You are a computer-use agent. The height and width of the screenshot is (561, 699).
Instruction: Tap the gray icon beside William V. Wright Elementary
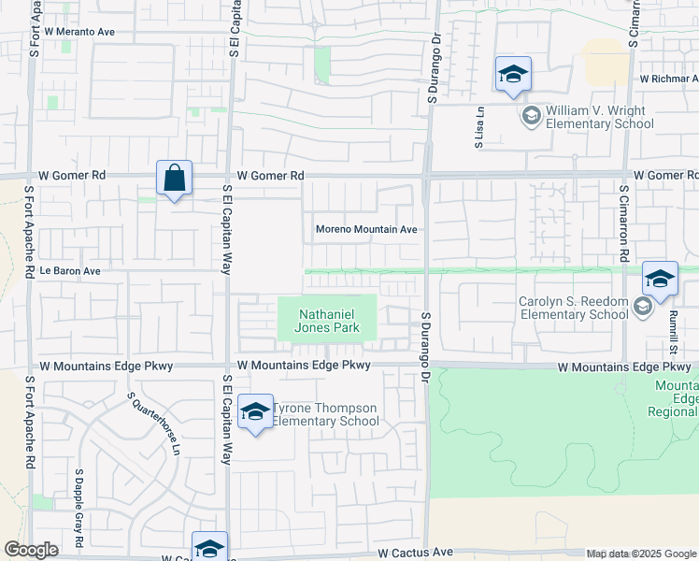531,116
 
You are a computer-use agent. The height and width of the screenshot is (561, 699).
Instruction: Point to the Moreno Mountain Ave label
365,229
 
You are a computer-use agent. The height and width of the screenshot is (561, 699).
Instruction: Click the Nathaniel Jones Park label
327,321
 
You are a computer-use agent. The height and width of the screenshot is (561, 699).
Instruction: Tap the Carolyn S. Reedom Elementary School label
574,308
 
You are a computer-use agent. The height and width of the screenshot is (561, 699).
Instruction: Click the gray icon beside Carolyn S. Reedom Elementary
642,307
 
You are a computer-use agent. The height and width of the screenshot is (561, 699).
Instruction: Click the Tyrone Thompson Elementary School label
325,415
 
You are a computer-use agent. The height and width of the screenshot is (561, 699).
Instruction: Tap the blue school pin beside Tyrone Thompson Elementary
255,412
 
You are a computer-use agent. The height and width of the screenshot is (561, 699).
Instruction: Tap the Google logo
31,550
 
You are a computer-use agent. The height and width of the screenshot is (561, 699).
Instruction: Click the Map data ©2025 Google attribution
640,554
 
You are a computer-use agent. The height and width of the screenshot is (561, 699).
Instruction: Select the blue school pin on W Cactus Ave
209,547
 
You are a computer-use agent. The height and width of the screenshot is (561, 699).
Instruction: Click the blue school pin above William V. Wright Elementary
513,75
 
